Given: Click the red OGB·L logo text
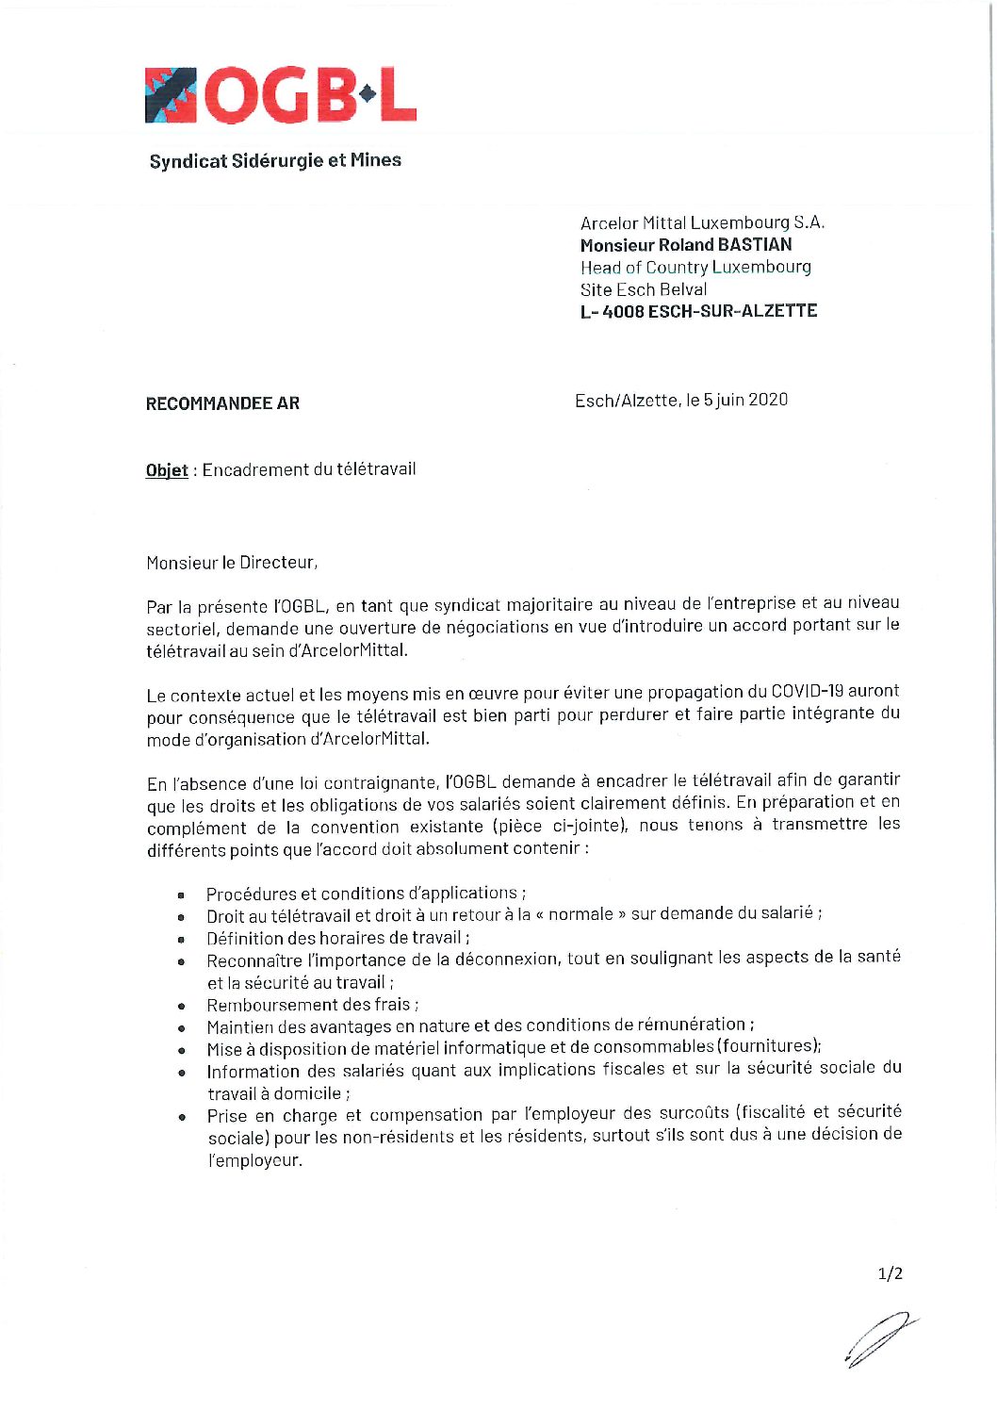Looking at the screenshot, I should [x=310, y=96].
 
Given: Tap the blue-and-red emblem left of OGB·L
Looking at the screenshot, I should [x=171, y=96].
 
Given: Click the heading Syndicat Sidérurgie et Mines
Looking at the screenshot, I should [x=275, y=161].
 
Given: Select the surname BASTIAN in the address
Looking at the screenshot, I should [x=755, y=245].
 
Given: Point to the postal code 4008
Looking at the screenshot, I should [x=623, y=311].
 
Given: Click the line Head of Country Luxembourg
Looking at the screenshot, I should [x=695, y=268].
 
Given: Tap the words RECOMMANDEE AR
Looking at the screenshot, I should [x=222, y=403].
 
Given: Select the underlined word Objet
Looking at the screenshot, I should [x=167, y=470].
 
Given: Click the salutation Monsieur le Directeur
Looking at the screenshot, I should [x=232, y=563].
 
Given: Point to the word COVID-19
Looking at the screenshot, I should [x=808, y=691].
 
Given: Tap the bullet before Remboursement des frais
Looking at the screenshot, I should [x=181, y=1007].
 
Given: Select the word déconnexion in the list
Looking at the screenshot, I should [x=506, y=960].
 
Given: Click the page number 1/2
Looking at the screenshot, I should [x=890, y=1273].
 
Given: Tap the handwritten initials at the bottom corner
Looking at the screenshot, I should [x=880, y=1338].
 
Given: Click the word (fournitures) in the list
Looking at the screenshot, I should [x=769, y=1046].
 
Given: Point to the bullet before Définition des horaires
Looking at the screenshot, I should [x=181, y=940].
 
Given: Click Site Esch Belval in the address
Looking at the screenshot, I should [x=644, y=289].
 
